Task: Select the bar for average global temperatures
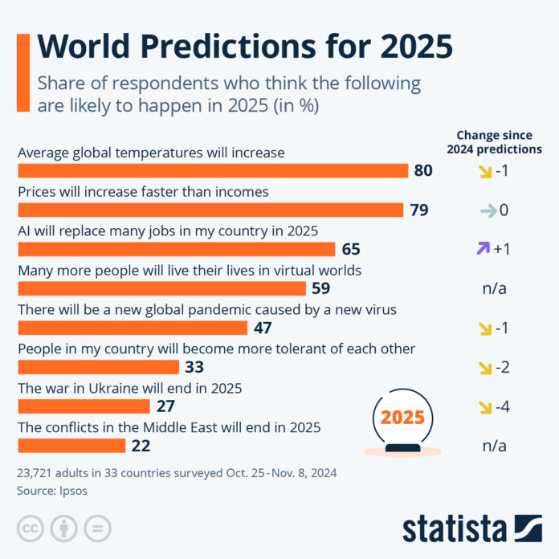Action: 213,170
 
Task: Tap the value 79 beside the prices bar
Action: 418,210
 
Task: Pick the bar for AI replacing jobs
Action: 176,249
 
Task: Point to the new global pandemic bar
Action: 132,328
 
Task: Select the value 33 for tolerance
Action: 194,367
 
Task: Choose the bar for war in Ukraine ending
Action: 87,406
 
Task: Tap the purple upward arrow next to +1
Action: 482,249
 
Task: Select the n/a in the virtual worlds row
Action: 495,288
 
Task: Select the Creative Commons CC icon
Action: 30,528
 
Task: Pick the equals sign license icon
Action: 97,528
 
